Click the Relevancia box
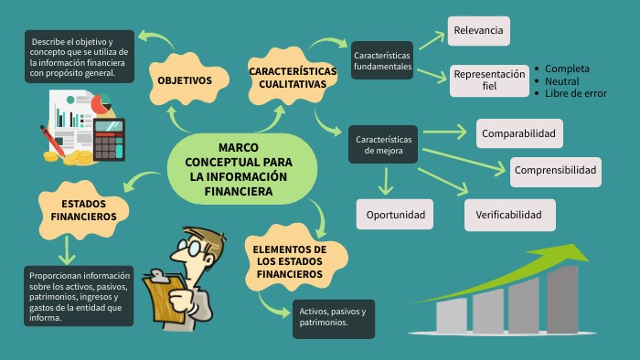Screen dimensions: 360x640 478,31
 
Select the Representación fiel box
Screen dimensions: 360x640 489,80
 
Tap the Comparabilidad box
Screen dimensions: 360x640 518,134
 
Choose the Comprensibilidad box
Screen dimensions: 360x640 555,170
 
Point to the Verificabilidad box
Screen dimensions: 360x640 515,215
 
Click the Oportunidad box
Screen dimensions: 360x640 395,215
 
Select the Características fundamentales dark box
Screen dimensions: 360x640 382,61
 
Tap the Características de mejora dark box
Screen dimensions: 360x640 382,144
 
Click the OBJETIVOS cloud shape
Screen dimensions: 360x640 184,80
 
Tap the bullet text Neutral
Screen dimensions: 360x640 561,81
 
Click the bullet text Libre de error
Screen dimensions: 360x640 575,93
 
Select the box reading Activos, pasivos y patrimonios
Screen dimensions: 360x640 333,317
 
